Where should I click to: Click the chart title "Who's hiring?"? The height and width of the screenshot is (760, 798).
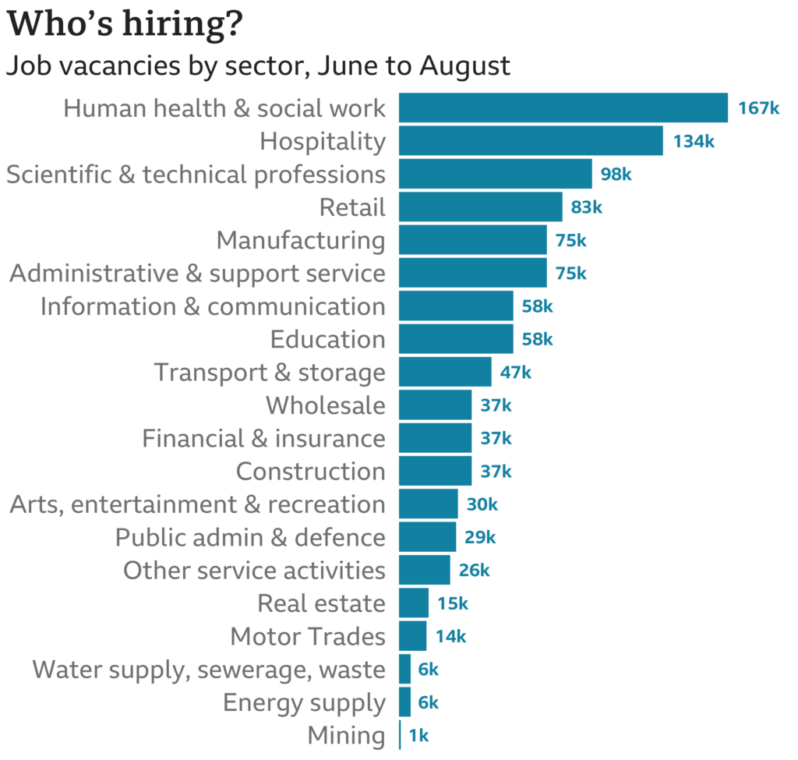tap(124, 25)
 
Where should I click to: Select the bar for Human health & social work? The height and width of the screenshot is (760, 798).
tap(563, 108)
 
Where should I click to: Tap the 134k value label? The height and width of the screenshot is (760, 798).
tap(694, 141)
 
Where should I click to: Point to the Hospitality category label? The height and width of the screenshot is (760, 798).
tap(323, 141)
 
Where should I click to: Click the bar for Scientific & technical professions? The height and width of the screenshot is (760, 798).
tap(495, 174)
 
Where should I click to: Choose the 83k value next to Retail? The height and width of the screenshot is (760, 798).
tap(586, 207)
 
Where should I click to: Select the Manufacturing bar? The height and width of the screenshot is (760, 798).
tap(472, 240)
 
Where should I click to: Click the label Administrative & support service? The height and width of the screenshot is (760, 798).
tap(197, 274)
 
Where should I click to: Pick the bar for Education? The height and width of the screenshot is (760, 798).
tap(456, 339)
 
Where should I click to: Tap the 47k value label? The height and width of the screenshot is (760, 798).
tap(515, 373)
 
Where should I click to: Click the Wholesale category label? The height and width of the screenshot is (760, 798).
tap(325, 405)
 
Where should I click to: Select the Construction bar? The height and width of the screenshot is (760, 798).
tap(435, 472)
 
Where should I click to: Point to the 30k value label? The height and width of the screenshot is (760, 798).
tap(482, 504)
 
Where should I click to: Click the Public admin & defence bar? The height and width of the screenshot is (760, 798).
tap(427, 537)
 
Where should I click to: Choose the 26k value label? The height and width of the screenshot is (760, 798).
tap(474, 571)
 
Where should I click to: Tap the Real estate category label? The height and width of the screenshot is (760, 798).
tap(321, 603)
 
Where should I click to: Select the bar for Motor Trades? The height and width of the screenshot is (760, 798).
tap(412, 636)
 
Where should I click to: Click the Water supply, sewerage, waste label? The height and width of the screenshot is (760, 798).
tap(209, 670)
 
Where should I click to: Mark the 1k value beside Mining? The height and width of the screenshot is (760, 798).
tap(418, 735)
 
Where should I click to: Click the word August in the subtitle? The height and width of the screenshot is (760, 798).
tap(465, 66)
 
